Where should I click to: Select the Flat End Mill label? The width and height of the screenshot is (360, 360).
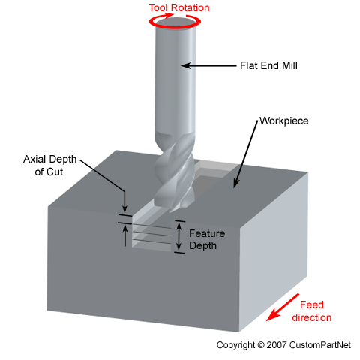coord(268,65)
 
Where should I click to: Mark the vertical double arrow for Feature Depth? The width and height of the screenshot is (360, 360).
coord(179,236)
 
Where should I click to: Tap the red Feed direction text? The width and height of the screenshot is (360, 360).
coord(315,310)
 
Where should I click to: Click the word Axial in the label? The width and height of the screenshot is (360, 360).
coord(34,160)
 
